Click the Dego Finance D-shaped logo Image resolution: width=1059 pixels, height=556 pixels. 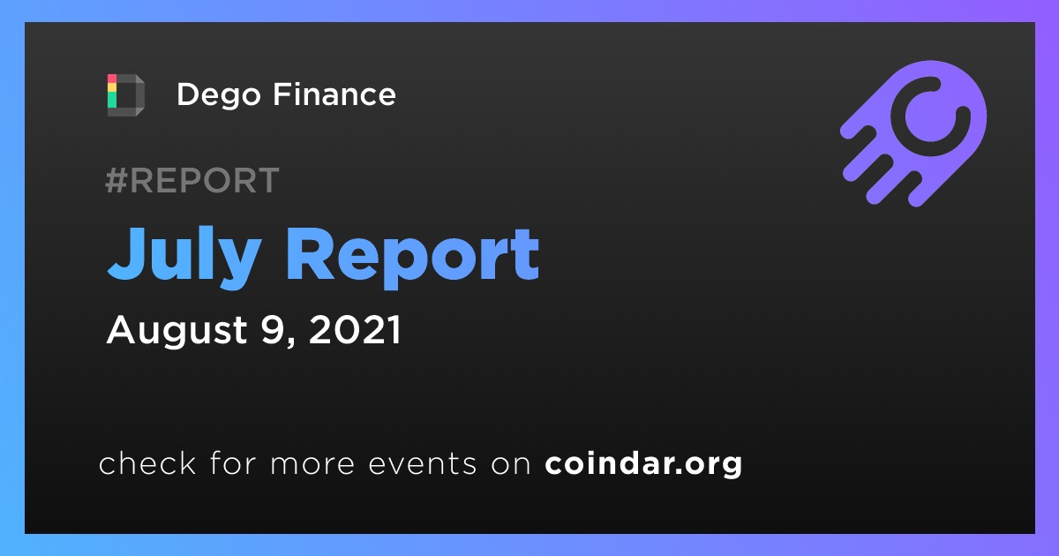[x=125, y=95]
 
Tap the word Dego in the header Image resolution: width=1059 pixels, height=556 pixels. [x=219, y=95]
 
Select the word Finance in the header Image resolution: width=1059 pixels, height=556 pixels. [x=334, y=94]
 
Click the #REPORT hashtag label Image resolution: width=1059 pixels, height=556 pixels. [x=192, y=180]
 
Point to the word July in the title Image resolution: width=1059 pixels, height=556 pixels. [x=184, y=257]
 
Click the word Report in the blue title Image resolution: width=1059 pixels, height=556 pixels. [x=413, y=257]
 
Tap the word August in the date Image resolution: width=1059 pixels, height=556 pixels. [x=176, y=330]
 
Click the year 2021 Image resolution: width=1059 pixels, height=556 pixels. [x=355, y=329]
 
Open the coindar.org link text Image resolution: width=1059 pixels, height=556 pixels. [x=643, y=464]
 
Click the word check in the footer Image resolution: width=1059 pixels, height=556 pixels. [x=147, y=462]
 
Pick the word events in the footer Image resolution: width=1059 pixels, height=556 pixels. [x=423, y=464]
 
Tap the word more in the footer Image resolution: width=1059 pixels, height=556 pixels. [x=312, y=464]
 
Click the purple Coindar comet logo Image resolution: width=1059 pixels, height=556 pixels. [x=913, y=133]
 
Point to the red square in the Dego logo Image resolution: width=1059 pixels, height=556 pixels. [x=112, y=79]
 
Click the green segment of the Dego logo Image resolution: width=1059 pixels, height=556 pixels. [x=112, y=100]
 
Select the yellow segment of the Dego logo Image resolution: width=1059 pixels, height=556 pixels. [x=112, y=88]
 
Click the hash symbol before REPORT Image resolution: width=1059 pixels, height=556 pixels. [x=116, y=180]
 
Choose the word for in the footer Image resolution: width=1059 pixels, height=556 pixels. [x=234, y=462]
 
